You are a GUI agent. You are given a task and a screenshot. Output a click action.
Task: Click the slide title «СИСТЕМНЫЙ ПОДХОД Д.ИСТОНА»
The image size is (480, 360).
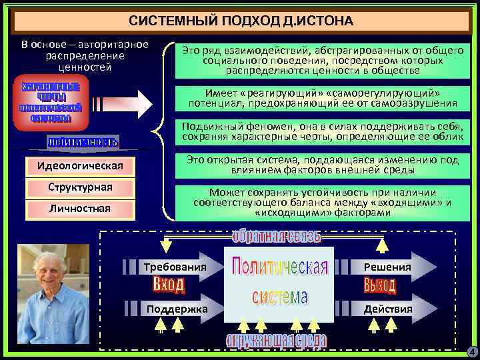[241, 21]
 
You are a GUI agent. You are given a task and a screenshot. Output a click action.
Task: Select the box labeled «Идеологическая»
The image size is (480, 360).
[80, 165]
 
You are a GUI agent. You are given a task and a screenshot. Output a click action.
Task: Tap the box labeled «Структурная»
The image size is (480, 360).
[80, 187]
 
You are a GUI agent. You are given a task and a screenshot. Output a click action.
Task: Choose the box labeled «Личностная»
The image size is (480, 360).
[80, 209]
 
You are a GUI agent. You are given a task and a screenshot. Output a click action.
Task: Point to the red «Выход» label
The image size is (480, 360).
[380, 286]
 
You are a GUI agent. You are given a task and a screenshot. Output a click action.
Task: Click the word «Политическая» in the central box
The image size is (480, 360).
[280, 268]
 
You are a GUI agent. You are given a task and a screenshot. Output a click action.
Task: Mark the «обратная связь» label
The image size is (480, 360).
[277, 237]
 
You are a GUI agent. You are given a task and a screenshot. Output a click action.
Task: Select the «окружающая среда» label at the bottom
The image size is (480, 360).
[276, 341]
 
